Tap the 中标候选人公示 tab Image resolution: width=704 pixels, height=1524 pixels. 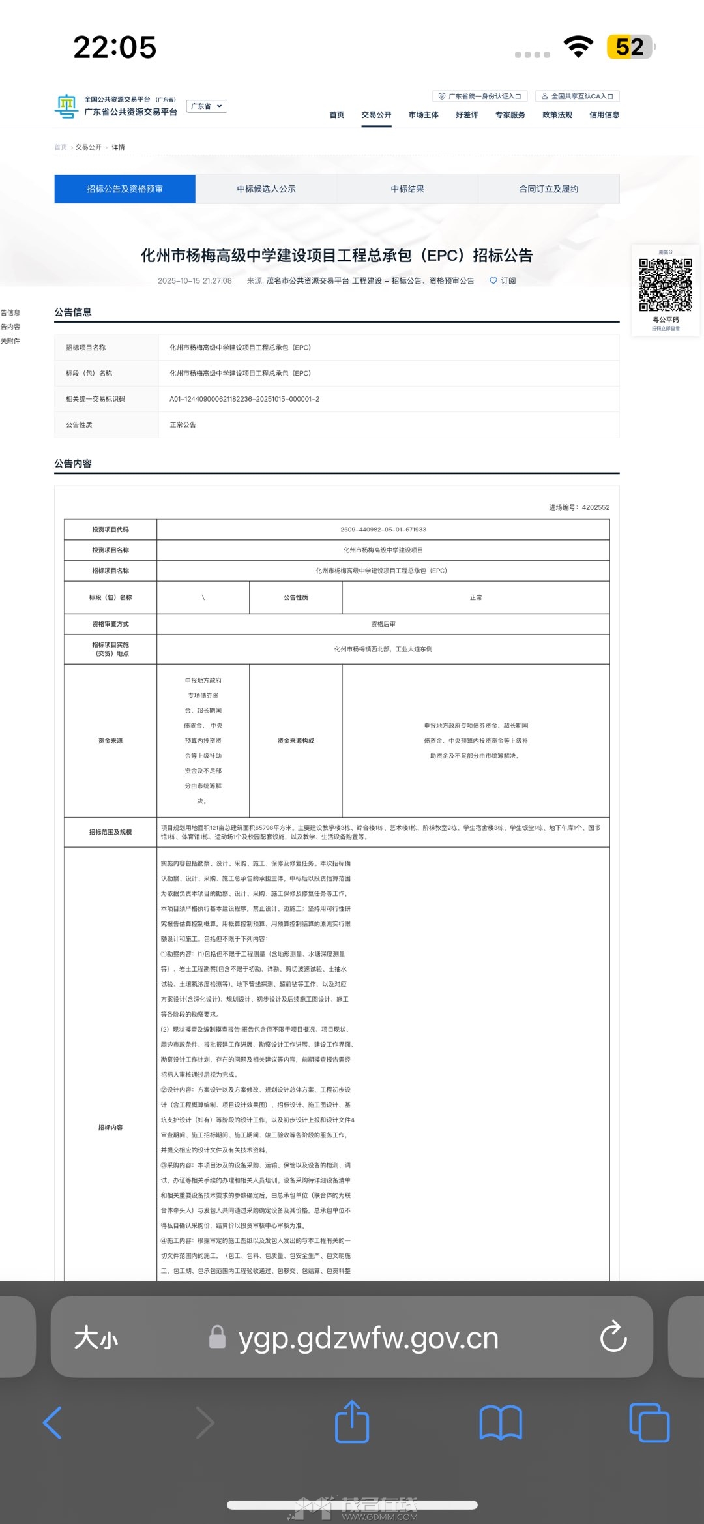(x=266, y=189)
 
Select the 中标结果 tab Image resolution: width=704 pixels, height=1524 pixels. (x=407, y=189)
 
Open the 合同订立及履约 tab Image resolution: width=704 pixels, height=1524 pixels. (x=548, y=189)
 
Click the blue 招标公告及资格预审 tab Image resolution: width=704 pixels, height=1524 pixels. (x=125, y=189)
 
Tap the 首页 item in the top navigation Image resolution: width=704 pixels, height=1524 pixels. (x=336, y=115)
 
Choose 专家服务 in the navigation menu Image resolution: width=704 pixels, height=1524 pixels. (x=510, y=115)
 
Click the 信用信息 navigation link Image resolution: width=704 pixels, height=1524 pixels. (x=604, y=115)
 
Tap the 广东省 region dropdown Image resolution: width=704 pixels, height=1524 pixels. (x=207, y=106)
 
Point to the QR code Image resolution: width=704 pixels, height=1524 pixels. (x=666, y=285)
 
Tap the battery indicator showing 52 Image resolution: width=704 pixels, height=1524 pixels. (x=630, y=47)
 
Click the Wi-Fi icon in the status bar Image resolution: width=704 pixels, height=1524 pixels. (x=578, y=47)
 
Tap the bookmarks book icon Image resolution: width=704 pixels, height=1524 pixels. (x=501, y=1422)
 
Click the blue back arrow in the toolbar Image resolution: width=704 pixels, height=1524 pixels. (x=53, y=1422)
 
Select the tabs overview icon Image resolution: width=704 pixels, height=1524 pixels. (x=649, y=1422)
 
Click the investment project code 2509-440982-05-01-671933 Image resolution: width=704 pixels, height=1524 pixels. (x=383, y=530)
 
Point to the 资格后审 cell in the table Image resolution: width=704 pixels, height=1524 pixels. (x=383, y=624)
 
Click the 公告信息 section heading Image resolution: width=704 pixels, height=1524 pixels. (x=73, y=312)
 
